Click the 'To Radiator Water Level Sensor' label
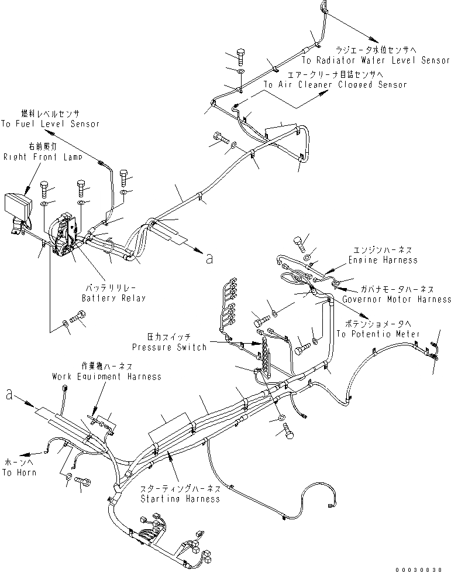pos(376,60)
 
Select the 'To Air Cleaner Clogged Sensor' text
pos(335,84)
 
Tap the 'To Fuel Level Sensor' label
pos(50,124)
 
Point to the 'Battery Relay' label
pos(113,298)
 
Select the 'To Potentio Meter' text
pos(378,334)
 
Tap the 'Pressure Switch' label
pos(169,347)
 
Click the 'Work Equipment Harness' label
pos(106,376)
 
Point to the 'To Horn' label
pos(19,472)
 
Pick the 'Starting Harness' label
pos(180,499)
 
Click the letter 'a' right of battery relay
pos(209,259)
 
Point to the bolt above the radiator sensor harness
pos(240,57)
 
